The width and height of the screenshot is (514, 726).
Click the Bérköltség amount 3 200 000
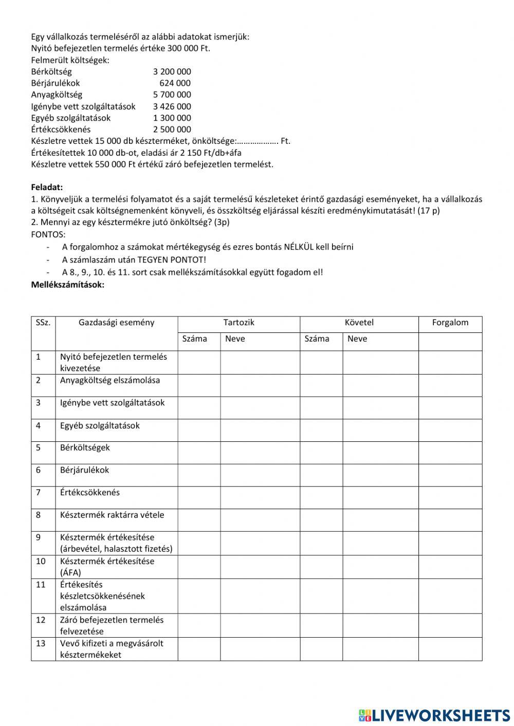tap(172, 71)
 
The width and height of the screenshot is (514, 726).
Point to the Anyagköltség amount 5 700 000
tap(172, 95)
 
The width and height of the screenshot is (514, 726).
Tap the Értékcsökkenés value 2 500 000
tap(172, 129)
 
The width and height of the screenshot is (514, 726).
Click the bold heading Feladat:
tap(47, 188)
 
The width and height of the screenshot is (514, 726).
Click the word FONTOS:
tap(48, 234)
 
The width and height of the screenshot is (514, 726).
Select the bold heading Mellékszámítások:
tap(67, 284)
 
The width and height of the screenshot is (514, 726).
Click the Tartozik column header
tap(238, 323)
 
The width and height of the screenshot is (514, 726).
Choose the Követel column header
tap(359, 323)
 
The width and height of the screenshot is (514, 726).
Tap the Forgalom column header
tap(450, 323)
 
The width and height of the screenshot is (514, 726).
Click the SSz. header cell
tap(43, 323)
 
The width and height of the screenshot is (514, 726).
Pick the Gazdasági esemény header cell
tap(116, 323)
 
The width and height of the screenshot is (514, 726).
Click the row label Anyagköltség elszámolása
tap(109, 380)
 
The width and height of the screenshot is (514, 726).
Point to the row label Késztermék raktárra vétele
tap(112, 515)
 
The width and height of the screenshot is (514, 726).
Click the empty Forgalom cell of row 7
tap(450, 497)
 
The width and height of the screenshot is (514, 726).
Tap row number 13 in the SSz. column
tap(41, 643)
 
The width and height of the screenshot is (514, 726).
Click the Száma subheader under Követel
tap(317, 339)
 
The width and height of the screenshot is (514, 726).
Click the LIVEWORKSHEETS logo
tap(434, 715)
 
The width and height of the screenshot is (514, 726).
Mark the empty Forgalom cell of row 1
tap(450, 362)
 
